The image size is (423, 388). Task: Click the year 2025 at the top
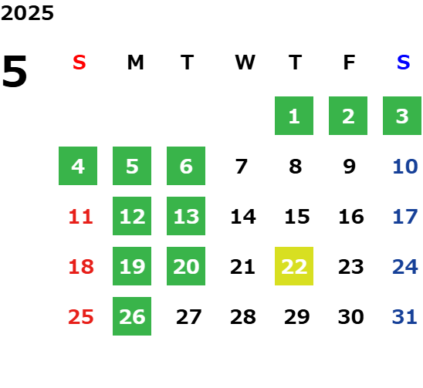(27, 13)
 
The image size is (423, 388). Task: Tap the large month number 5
(15, 71)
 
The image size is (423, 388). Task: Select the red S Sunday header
(80, 62)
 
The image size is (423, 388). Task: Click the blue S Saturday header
(403, 62)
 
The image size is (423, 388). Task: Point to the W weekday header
(245, 62)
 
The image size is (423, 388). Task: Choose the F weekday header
(350, 62)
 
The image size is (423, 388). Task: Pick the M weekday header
(135, 62)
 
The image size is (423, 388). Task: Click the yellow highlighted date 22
(294, 266)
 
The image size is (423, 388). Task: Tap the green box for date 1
(294, 116)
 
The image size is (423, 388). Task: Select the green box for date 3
(402, 116)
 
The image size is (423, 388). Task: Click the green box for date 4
(78, 166)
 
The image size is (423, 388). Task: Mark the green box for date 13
(186, 216)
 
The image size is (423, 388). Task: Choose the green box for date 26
(132, 316)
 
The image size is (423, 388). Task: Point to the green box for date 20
(186, 266)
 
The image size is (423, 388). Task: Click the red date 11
(80, 217)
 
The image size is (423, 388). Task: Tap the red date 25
(80, 317)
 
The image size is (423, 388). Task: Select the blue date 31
(404, 317)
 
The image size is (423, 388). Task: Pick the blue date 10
(405, 167)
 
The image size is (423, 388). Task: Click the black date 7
(241, 167)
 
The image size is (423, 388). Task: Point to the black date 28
(243, 317)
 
